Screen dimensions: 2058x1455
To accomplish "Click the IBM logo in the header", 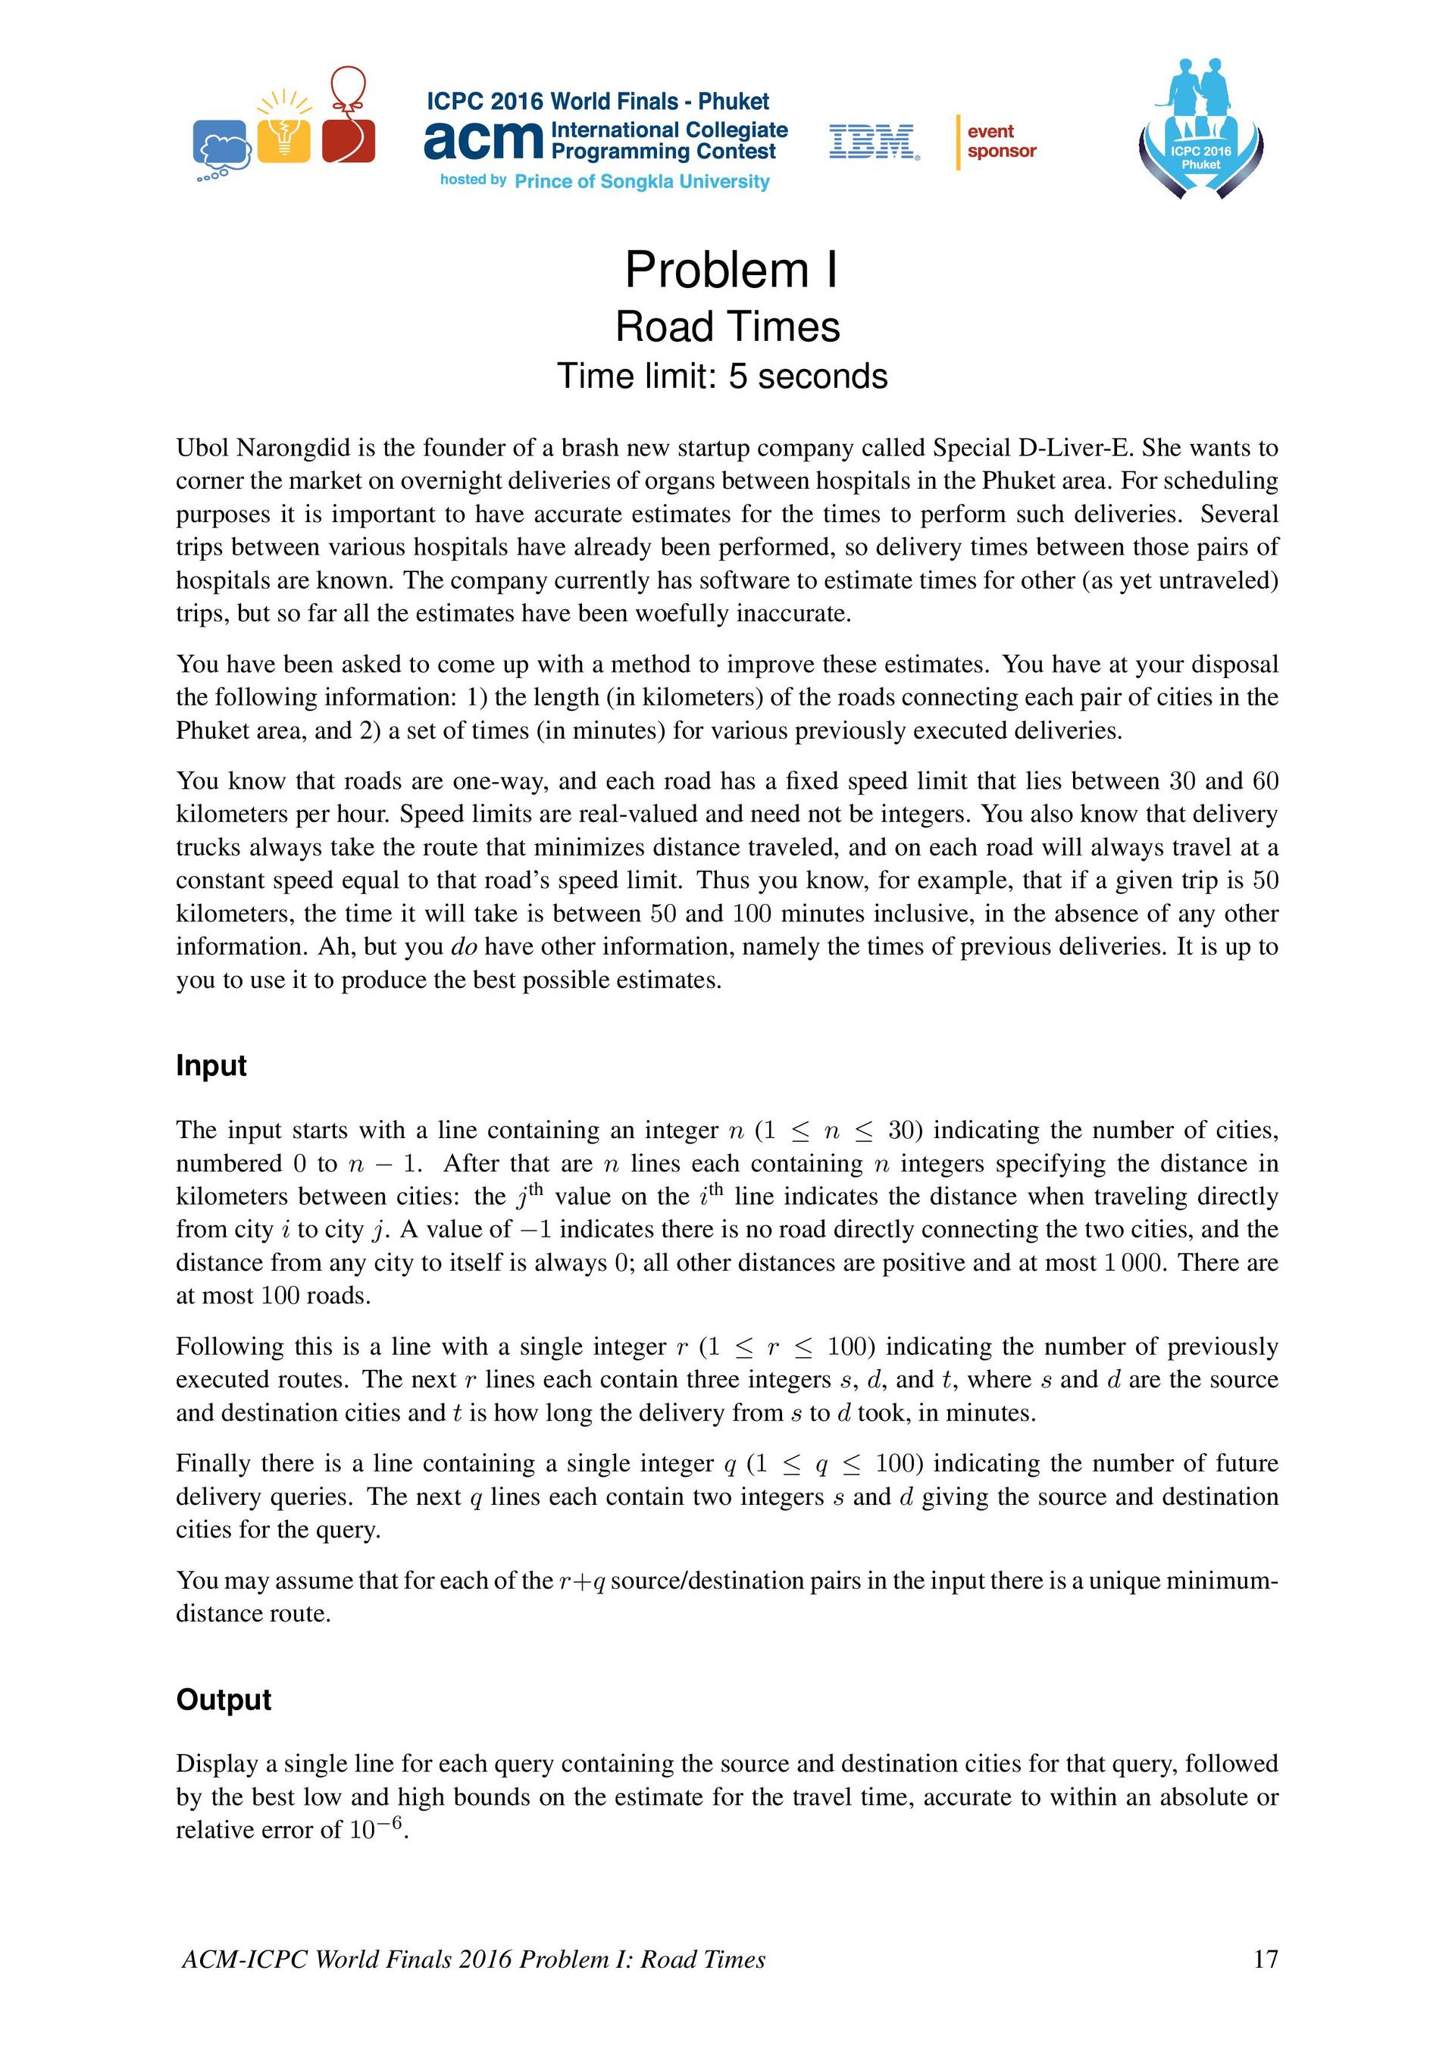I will pyautogui.click(x=873, y=142).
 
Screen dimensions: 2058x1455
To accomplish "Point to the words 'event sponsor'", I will pyautogui.click(x=1001, y=142).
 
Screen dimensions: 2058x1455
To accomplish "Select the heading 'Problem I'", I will pyautogui.click(x=731, y=270).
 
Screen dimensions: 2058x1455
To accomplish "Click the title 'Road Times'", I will pyautogui.click(x=727, y=327).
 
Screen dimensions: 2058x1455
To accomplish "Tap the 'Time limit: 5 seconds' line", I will pyautogui.click(x=721, y=377).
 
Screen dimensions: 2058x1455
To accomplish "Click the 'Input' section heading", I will pyautogui.click(x=211, y=1065).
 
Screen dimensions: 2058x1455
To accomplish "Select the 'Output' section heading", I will pyautogui.click(x=224, y=1700).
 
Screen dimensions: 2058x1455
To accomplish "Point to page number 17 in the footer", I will pyautogui.click(x=1265, y=1959).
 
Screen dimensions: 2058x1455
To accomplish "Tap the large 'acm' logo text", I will pyautogui.click(x=484, y=140).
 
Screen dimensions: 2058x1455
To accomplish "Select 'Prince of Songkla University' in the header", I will pyautogui.click(x=642, y=182).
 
